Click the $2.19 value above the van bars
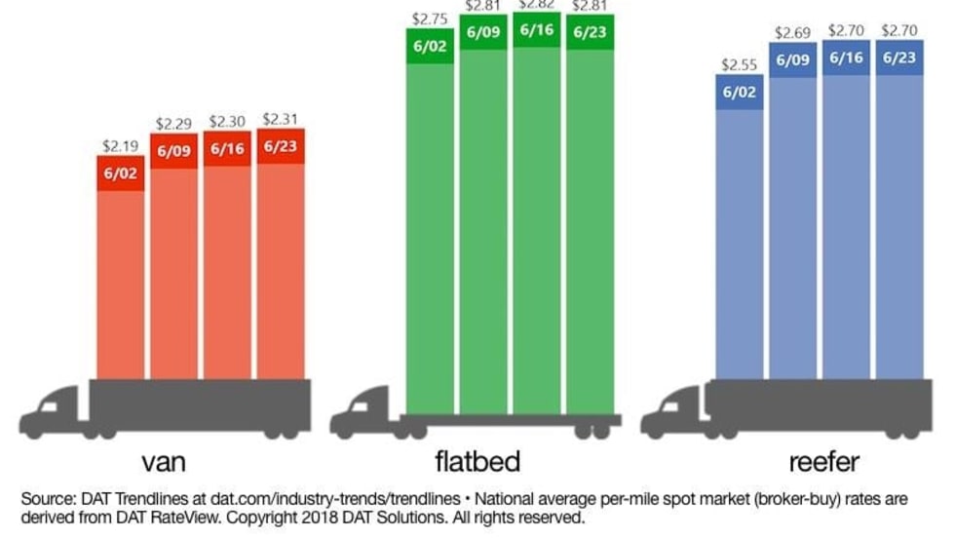[x=121, y=145]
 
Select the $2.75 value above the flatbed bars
[x=429, y=18]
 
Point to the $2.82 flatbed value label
[x=537, y=5]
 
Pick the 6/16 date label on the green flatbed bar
[x=537, y=29]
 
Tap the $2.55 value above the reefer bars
[x=739, y=65]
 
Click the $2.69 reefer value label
[x=792, y=33]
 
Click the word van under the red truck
[x=165, y=460]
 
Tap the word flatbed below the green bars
[x=477, y=460]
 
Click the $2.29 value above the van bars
[x=173, y=126]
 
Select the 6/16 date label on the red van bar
[x=227, y=148]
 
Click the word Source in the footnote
[x=47, y=499]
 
